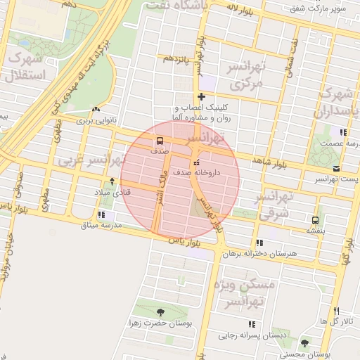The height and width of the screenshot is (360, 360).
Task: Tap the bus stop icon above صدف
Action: tap(160, 140)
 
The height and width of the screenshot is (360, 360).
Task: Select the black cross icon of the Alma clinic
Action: tap(202, 96)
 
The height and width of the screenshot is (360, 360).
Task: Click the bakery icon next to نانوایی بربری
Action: tap(96, 109)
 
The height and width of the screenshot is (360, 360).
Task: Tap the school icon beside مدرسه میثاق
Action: tap(103, 215)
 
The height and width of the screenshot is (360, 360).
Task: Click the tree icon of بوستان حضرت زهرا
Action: tap(161, 311)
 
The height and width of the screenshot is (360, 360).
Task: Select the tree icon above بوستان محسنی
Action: tap(304, 343)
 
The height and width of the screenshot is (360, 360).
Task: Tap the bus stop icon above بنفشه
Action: tap(313, 219)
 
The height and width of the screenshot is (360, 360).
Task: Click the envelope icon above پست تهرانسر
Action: tap(336, 168)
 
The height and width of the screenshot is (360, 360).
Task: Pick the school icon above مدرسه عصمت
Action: tap(342, 131)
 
